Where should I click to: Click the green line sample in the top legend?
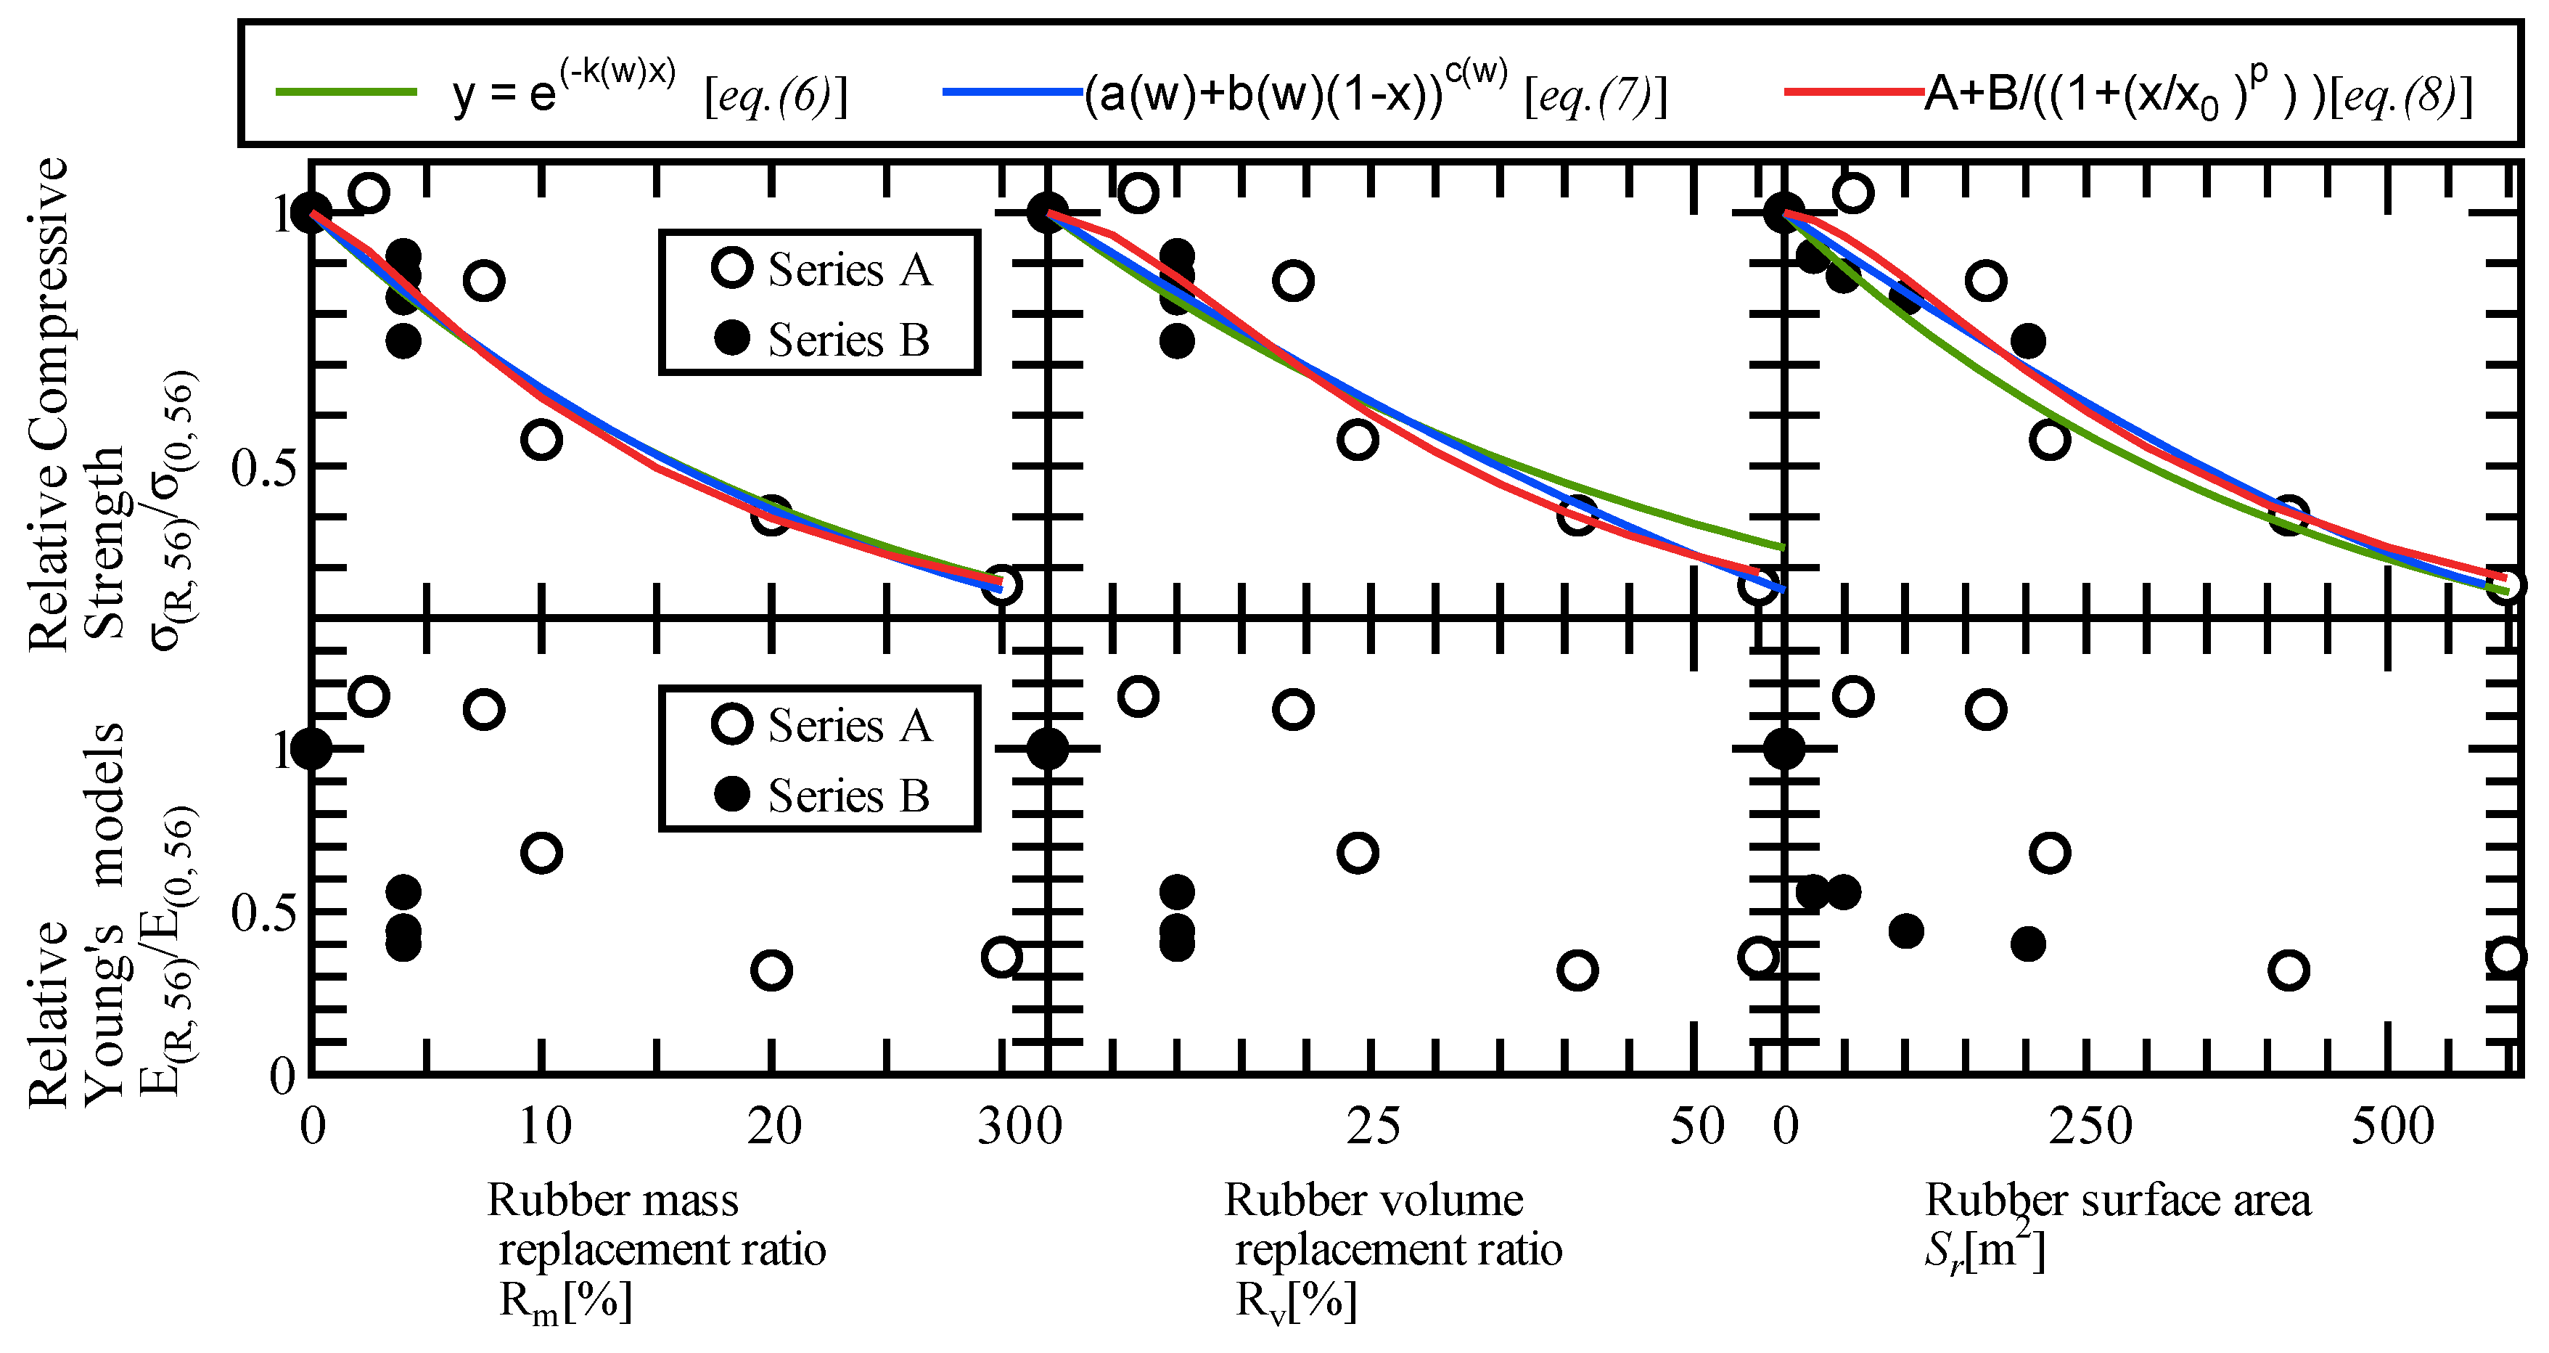point(346,92)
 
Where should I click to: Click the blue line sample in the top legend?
point(1012,92)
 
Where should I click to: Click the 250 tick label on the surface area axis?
point(2090,1127)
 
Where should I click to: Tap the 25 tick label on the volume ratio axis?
point(1374,1127)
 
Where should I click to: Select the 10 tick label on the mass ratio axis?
point(545,1127)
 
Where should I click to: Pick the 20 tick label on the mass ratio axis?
point(773,1127)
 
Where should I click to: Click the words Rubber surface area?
point(2117,1201)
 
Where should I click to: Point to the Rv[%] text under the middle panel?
point(1297,1301)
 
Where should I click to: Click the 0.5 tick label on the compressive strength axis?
point(264,467)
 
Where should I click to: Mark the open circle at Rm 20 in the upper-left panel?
point(771,515)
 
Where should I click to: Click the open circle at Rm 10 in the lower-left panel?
point(541,853)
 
